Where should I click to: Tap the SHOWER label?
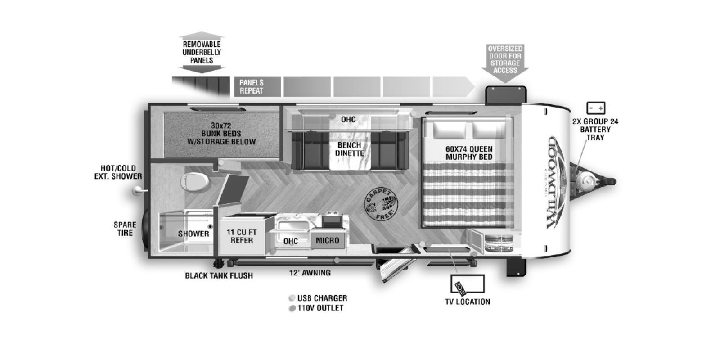(x=193, y=234)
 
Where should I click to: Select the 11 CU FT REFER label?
(x=242, y=236)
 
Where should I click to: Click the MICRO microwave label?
(x=327, y=240)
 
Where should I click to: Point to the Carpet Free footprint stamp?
(x=381, y=205)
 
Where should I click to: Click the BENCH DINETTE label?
(x=349, y=149)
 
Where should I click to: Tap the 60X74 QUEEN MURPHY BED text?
(x=469, y=153)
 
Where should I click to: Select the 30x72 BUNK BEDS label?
(x=221, y=134)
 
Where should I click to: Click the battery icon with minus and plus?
(x=596, y=108)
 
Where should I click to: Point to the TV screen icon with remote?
(x=468, y=283)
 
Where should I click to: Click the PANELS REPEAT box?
(x=257, y=87)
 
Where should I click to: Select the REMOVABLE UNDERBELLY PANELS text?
(x=202, y=52)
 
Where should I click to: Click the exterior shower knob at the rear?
(x=138, y=191)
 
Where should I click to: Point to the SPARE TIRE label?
(x=125, y=229)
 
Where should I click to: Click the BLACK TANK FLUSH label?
(x=219, y=275)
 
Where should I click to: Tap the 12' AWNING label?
(x=310, y=273)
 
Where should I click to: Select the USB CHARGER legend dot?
(x=292, y=298)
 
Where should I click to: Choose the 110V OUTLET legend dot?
(x=292, y=308)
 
